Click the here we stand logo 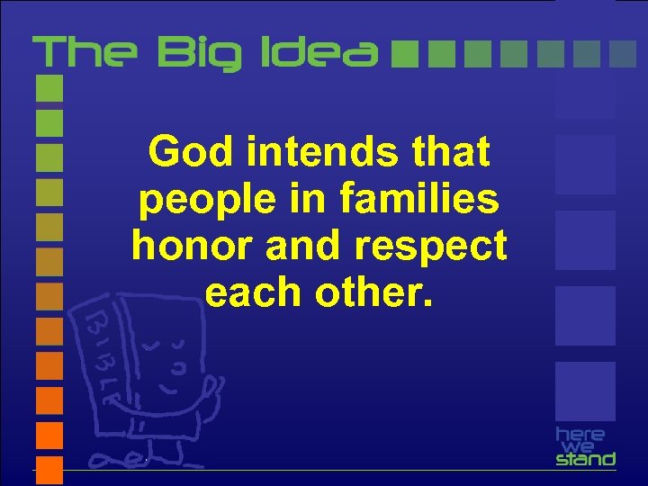tap(585, 445)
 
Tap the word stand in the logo tap(585, 459)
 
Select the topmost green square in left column tap(49, 87)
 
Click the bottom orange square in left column tap(49, 469)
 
